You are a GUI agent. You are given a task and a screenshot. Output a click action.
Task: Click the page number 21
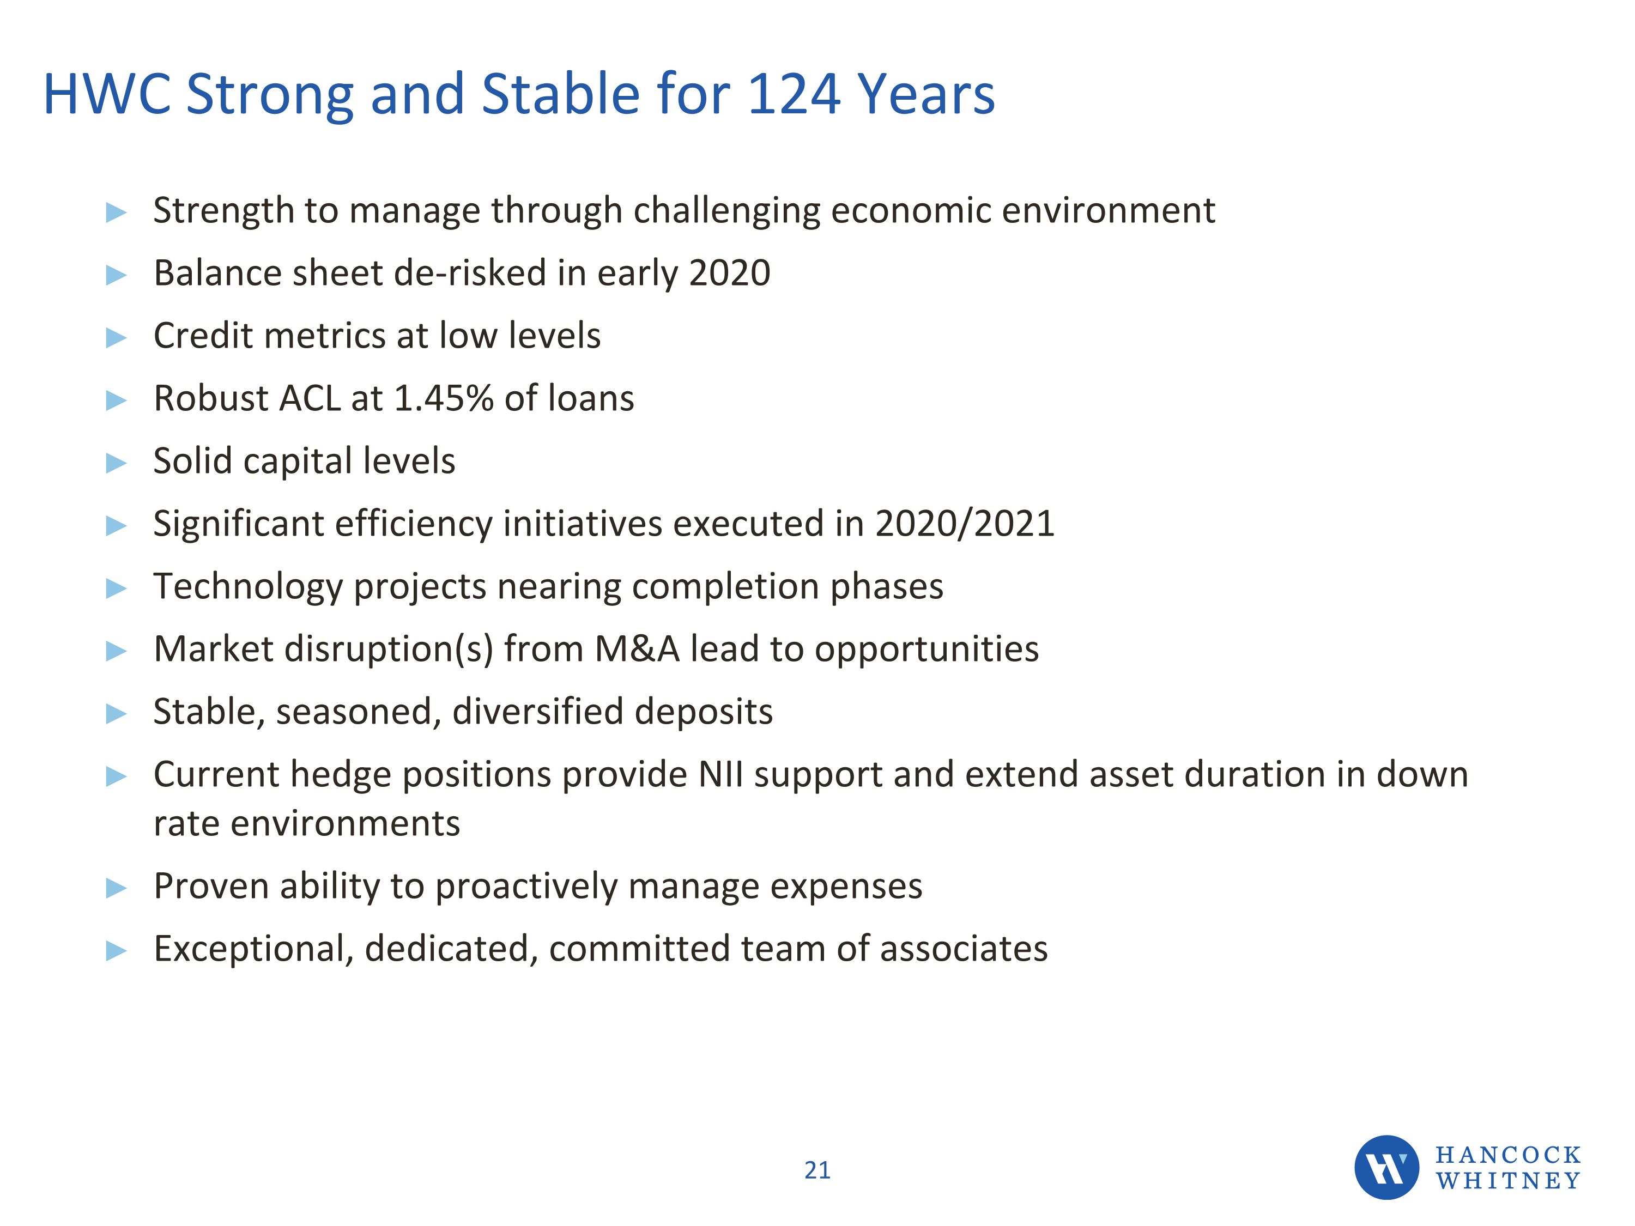tap(817, 1170)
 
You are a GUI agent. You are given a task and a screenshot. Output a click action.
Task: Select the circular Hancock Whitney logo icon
tap(1386, 1167)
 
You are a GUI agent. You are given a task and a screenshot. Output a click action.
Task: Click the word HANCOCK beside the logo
tap(1508, 1154)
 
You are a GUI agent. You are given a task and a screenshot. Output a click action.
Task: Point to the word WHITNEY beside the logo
tap(1508, 1181)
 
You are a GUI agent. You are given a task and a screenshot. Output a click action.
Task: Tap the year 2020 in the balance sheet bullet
tap(730, 272)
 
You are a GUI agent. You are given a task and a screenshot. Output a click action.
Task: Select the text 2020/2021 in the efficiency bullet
tap(965, 523)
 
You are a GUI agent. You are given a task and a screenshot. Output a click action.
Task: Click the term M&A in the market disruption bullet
tap(637, 649)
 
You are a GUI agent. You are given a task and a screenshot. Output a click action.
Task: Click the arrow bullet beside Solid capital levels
tap(117, 463)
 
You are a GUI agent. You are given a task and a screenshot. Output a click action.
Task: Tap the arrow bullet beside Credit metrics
tap(117, 338)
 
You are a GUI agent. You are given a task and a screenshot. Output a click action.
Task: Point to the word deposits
tap(703, 712)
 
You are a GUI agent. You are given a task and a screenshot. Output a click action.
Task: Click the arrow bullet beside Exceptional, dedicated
tap(117, 951)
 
